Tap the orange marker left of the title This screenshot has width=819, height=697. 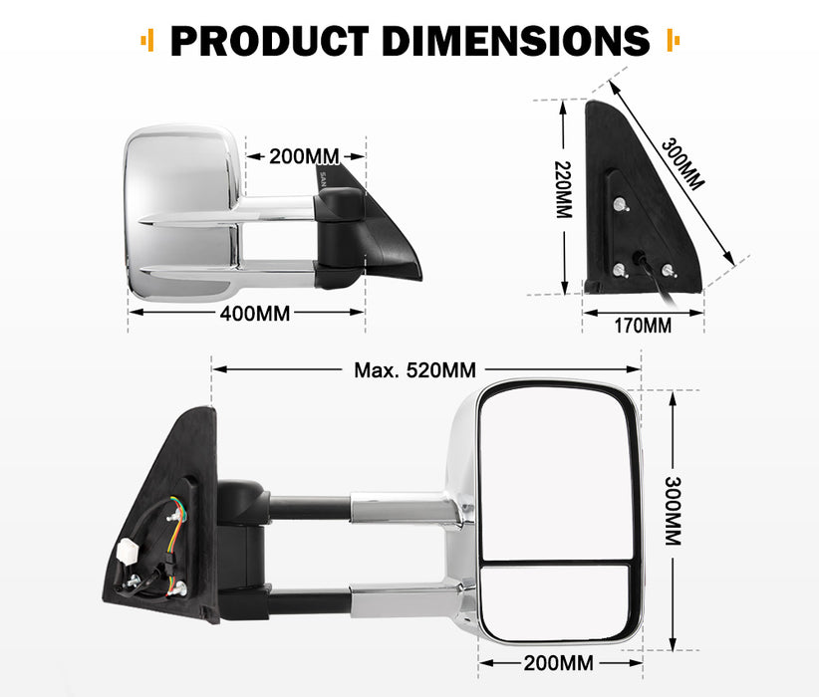click(x=147, y=40)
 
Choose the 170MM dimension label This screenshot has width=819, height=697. click(x=642, y=326)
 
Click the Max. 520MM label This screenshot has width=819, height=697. click(x=414, y=370)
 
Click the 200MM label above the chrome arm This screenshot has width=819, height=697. click(x=304, y=156)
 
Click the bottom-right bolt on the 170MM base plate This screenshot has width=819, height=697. click(x=667, y=269)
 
